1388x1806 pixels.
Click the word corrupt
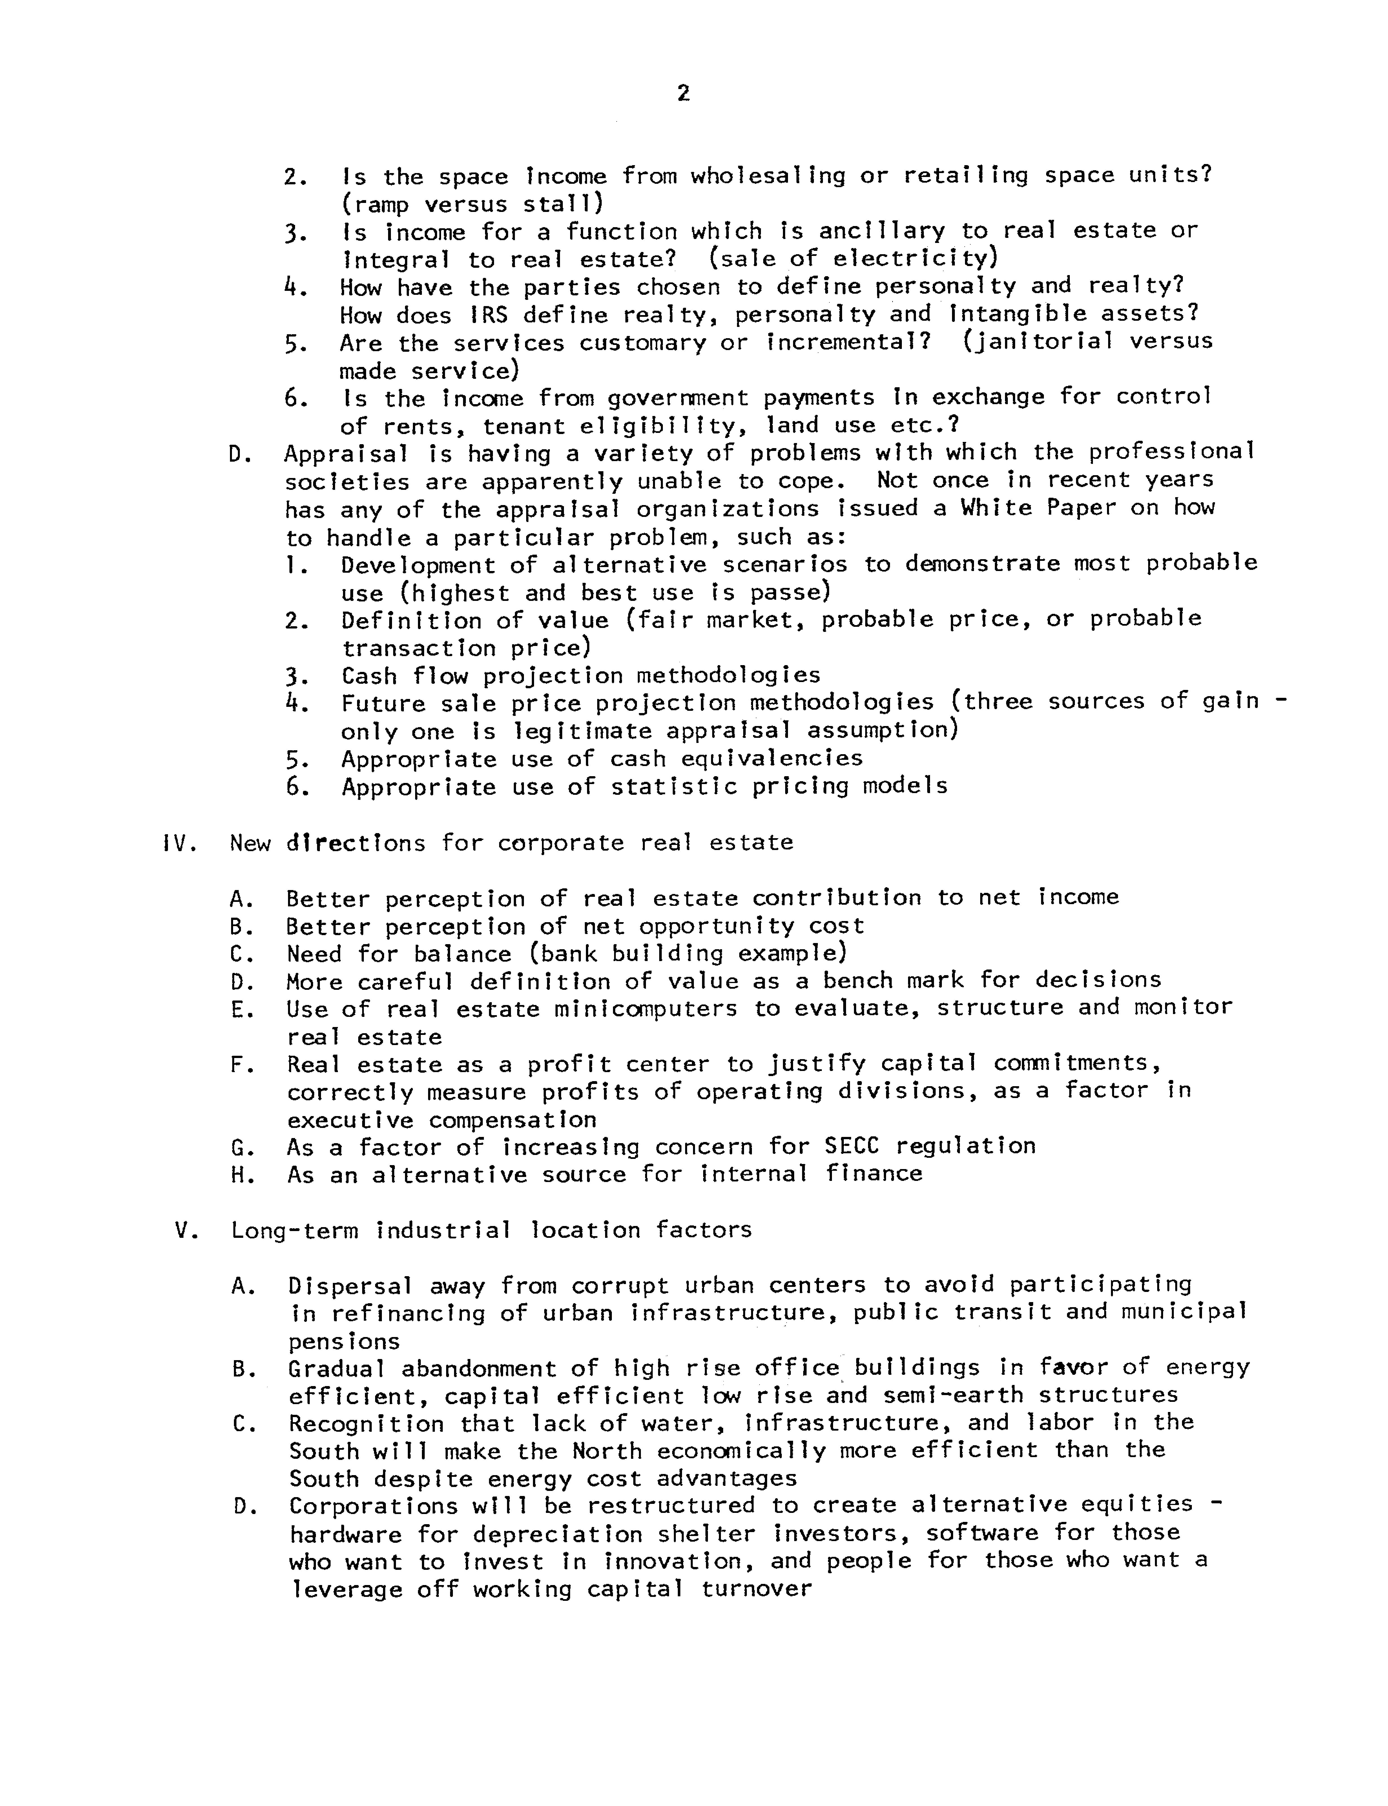pos(620,1285)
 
